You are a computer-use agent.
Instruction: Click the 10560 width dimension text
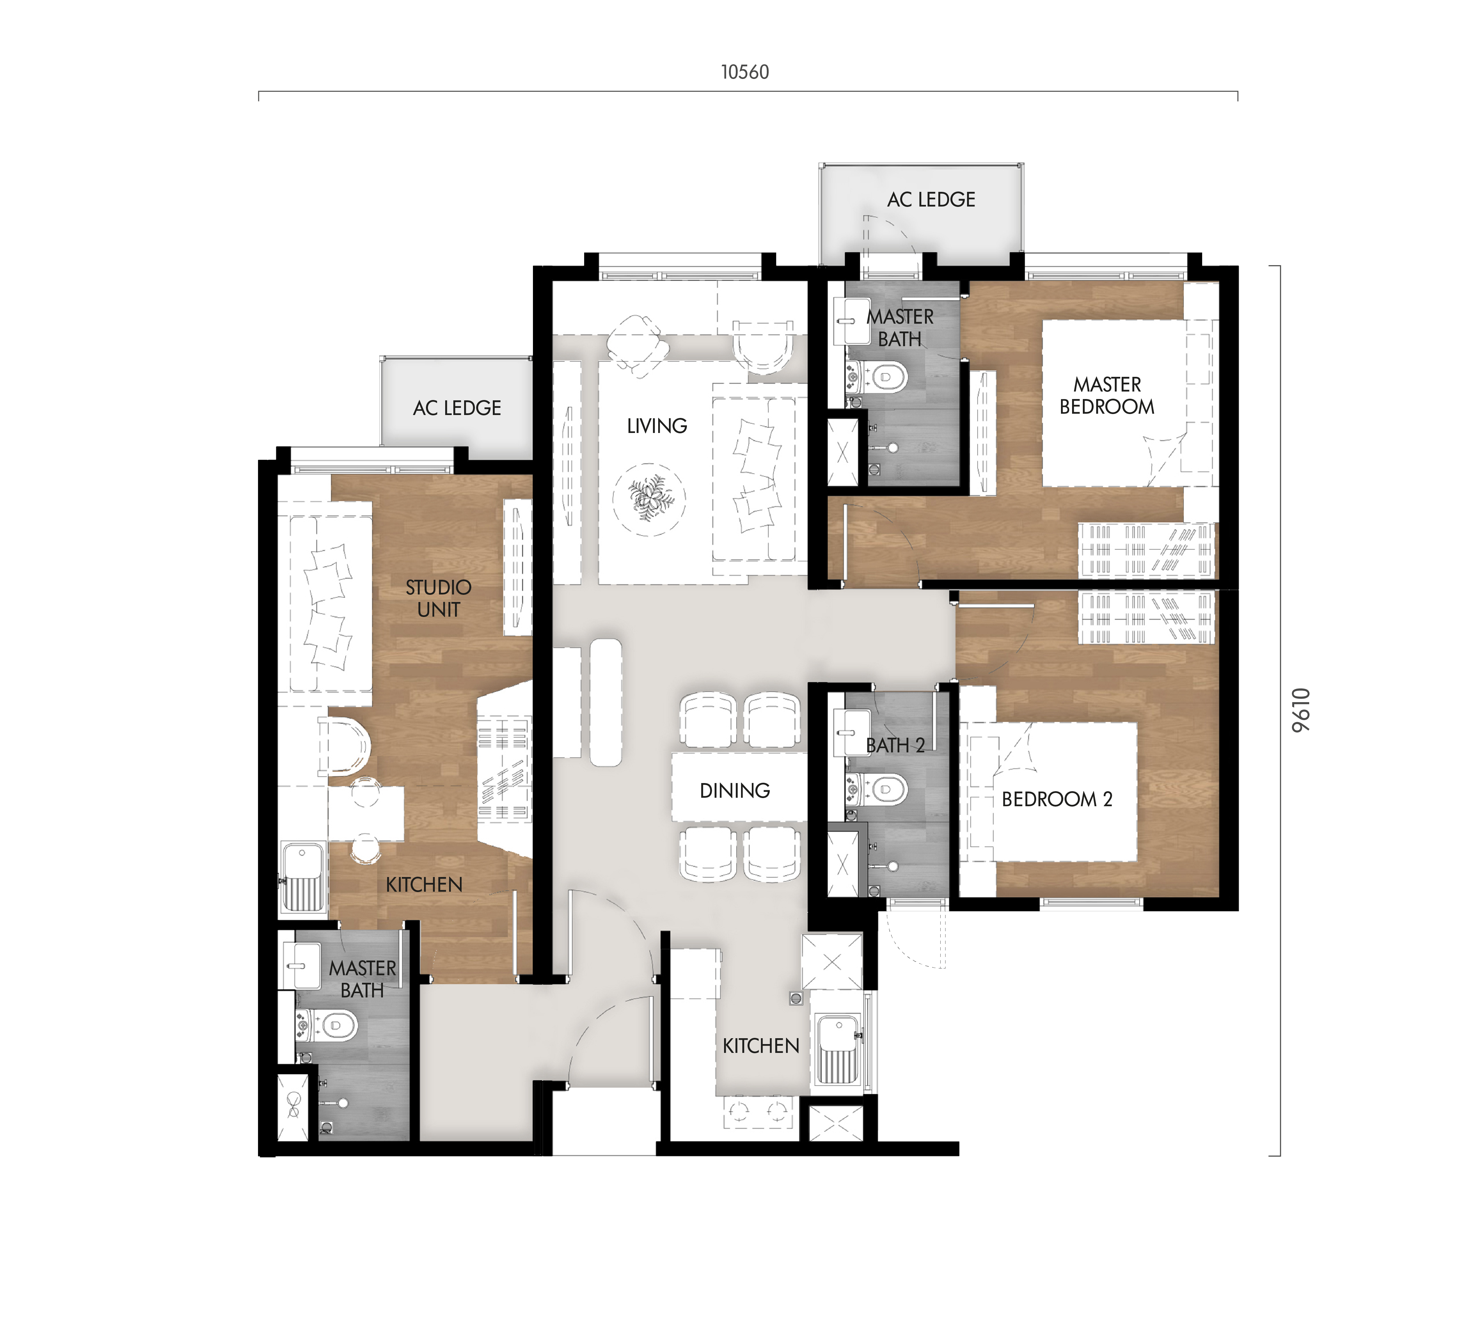pyautogui.click(x=745, y=72)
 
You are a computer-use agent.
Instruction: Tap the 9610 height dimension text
pyautogui.click(x=1301, y=710)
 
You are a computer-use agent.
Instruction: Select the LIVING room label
pyautogui.click(x=657, y=426)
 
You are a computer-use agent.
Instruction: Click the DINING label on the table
pyautogui.click(x=734, y=791)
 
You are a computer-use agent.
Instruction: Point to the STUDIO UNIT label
pyautogui.click(x=438, y=598)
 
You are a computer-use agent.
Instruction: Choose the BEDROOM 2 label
pyautogui.click(x=1057, y=799)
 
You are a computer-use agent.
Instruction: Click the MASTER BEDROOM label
pyautogui.click(x=1107, y=395)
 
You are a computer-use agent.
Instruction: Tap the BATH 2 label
pyautogui.click(x=895, y=746)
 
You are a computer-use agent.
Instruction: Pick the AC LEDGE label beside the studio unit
pyautogui.click(x=457, y=408)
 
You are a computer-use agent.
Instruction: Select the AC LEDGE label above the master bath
pyautogui.click(x=931, y=199)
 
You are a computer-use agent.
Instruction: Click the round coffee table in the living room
pyautogui.click(x=648, y=500)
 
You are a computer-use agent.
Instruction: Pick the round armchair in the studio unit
pyautogui.click(x=345, y=746)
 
